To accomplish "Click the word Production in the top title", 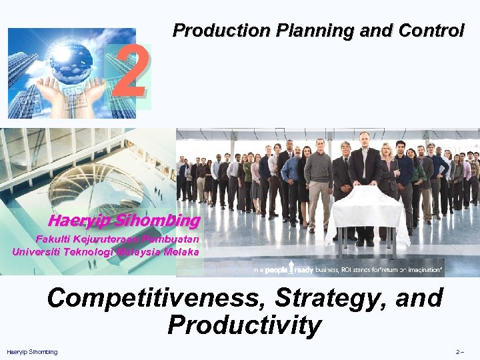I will click(219, 31).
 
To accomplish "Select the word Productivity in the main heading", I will click(244, 325).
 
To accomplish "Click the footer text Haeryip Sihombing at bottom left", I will click(32, 352).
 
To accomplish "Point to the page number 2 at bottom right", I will click(457, 352).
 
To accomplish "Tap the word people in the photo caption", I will click(275, 270).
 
